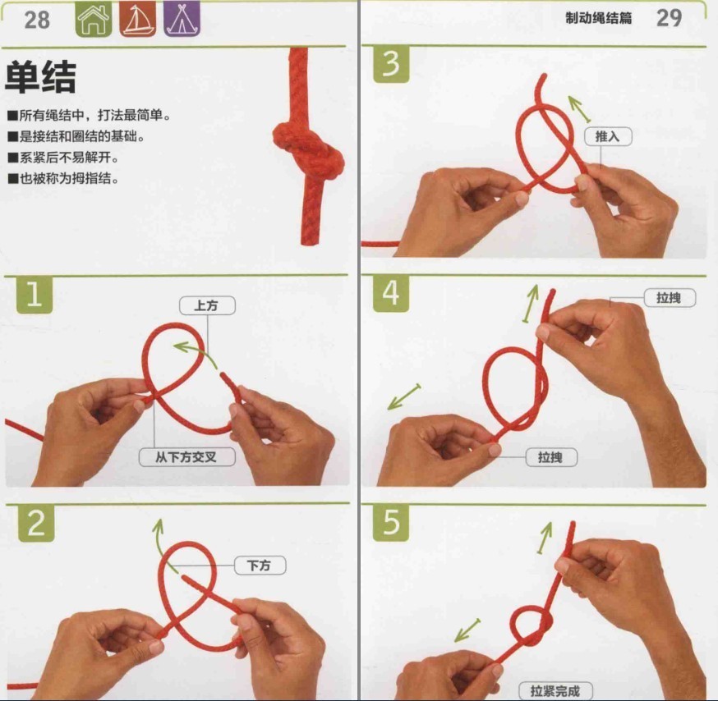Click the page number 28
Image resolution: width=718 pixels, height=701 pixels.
click(x=37, y=20)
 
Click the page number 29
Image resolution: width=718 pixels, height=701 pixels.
click(x=669, y=18)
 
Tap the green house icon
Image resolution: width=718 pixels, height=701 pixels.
click(x=94, y=20)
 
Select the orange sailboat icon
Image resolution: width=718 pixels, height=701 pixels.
click(x=137, y=20)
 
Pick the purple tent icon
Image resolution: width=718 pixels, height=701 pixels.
click(x=181, y=20)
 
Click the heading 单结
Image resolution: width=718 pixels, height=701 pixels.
click(x=40, y=78)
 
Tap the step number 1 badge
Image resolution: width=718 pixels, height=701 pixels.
click(x=34, y=296)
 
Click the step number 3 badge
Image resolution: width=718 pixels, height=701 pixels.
click(x=391, y=64)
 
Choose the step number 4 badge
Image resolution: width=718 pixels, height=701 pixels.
click(x=391, y=294)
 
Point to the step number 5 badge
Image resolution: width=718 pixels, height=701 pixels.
click(x=391, y=523)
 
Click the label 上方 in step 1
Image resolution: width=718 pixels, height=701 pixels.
click(x=207, y=305)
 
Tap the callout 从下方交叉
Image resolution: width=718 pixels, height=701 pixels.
click(x=186, y=457)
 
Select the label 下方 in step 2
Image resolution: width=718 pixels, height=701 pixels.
click(x=260, y=566)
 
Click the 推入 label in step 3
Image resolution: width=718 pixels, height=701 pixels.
click(x=608, y=136)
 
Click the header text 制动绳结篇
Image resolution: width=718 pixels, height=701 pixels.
click(x=599, y=19)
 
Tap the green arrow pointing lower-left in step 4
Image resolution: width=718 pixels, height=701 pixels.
click(x=404, y=396)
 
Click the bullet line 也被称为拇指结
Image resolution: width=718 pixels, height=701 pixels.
click(x=64, y=177)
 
